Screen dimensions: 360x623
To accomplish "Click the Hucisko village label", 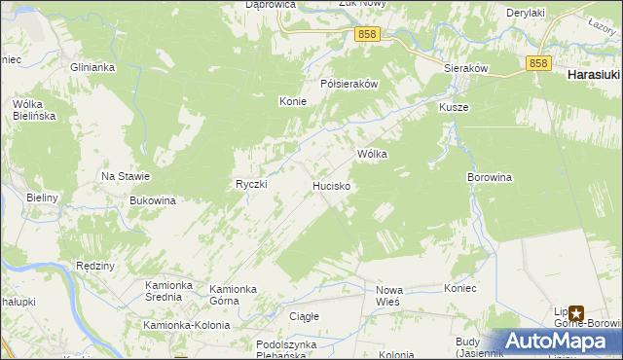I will (x=332, y=184).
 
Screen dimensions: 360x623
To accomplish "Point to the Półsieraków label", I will (x=349, y=84).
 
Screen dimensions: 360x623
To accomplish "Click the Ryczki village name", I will (x=251, y=184).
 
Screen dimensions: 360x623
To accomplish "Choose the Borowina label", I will (x=490, y=178).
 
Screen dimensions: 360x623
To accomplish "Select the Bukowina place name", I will (x=152, y=200).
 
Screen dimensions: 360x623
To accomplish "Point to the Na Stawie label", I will (x=126, y=176).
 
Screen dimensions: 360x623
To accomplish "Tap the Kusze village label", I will (x=454, y=107).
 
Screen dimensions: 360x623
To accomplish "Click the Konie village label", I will (x=293, y=101).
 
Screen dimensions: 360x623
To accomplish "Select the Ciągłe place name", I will (x=304, y=316).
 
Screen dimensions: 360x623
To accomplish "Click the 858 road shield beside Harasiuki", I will (x=540, y=62).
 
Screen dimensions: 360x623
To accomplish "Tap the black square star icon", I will (x=576, y=314).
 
